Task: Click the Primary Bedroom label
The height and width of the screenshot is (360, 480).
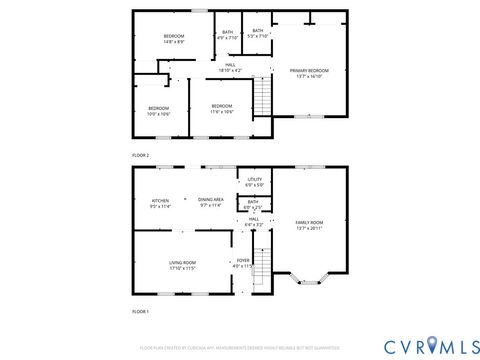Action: (x=309, y=72)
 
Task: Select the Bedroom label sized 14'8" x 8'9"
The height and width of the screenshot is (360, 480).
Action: (x=174, y=39)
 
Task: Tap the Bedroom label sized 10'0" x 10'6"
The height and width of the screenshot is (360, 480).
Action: (x=159, y=110)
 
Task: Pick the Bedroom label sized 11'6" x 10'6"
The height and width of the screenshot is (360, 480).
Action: (x=221, y=108)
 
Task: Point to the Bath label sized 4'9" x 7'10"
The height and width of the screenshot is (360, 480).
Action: (x=228, y=34)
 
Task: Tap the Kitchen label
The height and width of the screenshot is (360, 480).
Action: (x=160, y=202)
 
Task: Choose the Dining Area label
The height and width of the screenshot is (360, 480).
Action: (x=210, y=202)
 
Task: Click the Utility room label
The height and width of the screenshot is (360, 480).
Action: (x=254, y=182)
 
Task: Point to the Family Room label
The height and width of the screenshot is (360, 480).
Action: (x=309, y=225)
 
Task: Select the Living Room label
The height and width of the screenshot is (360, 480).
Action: (x=181, y=265)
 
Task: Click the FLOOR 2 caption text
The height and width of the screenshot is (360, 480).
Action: (x=141, y=156)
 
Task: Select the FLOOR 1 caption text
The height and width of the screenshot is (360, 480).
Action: (x=141, y=313)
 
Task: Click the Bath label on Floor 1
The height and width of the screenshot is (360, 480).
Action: (x=253, y=204)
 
